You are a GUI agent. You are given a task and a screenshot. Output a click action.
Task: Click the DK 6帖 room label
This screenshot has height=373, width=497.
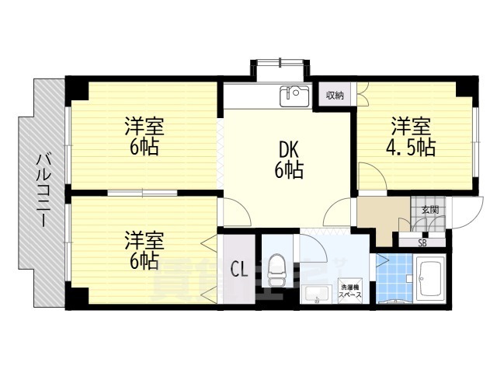pos(287,160)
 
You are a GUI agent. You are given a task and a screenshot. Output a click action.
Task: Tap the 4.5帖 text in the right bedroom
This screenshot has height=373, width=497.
pos(411,148)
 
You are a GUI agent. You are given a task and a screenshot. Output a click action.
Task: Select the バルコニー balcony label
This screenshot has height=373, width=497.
pos(42,190)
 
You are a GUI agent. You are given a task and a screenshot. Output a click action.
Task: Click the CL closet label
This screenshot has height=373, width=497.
pos(239,270)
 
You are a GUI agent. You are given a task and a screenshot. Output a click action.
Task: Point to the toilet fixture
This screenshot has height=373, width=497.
pos(277,274)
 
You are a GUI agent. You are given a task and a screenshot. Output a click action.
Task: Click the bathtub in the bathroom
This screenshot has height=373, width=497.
pos(429,278)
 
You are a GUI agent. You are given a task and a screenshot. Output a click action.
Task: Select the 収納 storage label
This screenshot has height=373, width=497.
pos(335,96)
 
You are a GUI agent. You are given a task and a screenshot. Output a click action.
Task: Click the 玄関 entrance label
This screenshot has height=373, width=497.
pos(429,210)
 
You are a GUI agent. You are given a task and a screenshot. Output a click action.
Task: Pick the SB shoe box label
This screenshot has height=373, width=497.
pos(422,242)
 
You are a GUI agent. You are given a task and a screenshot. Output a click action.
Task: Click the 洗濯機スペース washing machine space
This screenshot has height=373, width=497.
pos(350,292)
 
